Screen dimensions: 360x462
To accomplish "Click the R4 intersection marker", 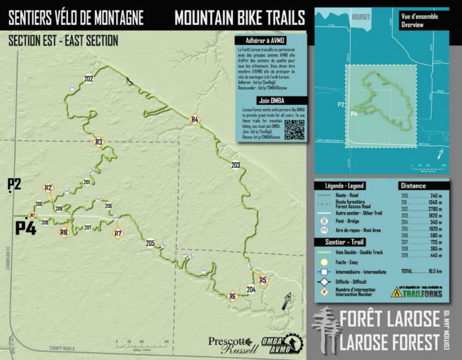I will [195, 120].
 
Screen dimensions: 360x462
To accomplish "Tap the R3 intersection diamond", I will [99, 142].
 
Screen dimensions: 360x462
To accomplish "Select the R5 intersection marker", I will [263, 281].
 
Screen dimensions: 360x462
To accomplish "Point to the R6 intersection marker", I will [232, 297].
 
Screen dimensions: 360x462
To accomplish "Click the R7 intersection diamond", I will [118, 233].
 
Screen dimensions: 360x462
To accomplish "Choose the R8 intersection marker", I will [64, 232].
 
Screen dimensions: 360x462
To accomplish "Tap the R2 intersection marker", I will [48, 188].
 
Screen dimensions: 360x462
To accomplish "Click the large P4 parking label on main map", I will [26, 228].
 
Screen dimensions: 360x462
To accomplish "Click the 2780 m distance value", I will [433, 209].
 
